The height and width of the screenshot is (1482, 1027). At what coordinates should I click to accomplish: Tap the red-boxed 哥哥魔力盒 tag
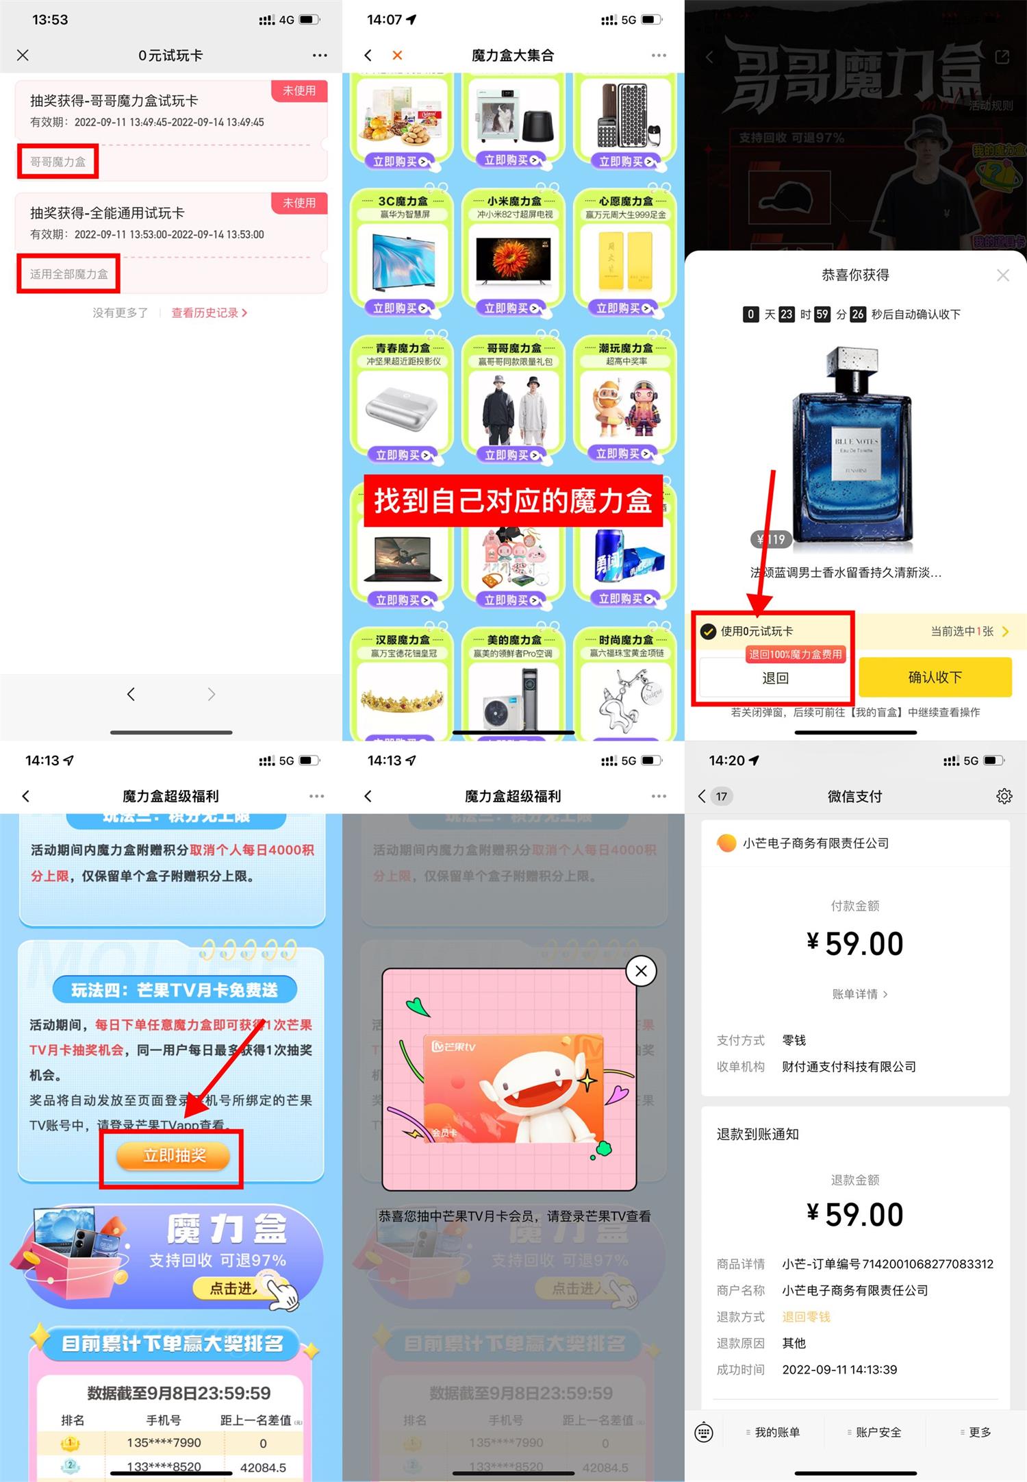click(58, 162)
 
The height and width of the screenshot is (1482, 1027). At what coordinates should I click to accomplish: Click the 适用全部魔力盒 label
click(68, 274)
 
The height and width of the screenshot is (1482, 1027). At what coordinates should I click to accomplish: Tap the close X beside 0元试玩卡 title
click(23, 55)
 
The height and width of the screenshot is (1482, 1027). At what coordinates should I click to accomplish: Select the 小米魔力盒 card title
click(513, 201)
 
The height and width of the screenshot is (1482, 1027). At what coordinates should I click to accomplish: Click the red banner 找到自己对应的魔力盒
click(513, 501)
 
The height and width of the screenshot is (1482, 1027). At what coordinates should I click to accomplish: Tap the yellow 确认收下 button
click(935, 677)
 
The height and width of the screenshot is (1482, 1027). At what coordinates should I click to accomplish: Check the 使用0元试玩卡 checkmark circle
click(708, 631)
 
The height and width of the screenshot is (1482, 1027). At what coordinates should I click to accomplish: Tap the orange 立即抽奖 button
click(174, 1155)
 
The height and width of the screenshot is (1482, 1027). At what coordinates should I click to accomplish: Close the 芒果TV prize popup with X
click(641, 971)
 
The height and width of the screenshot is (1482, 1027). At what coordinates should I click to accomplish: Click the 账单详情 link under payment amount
click(859, 994)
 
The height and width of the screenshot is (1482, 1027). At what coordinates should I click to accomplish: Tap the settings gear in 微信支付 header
click(1004, 796)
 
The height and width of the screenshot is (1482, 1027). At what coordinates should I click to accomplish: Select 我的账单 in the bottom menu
click(776, 1432)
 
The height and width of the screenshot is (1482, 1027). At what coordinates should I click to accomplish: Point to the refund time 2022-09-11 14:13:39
click(839, 1370)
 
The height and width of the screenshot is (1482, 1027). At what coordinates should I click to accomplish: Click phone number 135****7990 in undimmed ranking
click(164, 1443)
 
